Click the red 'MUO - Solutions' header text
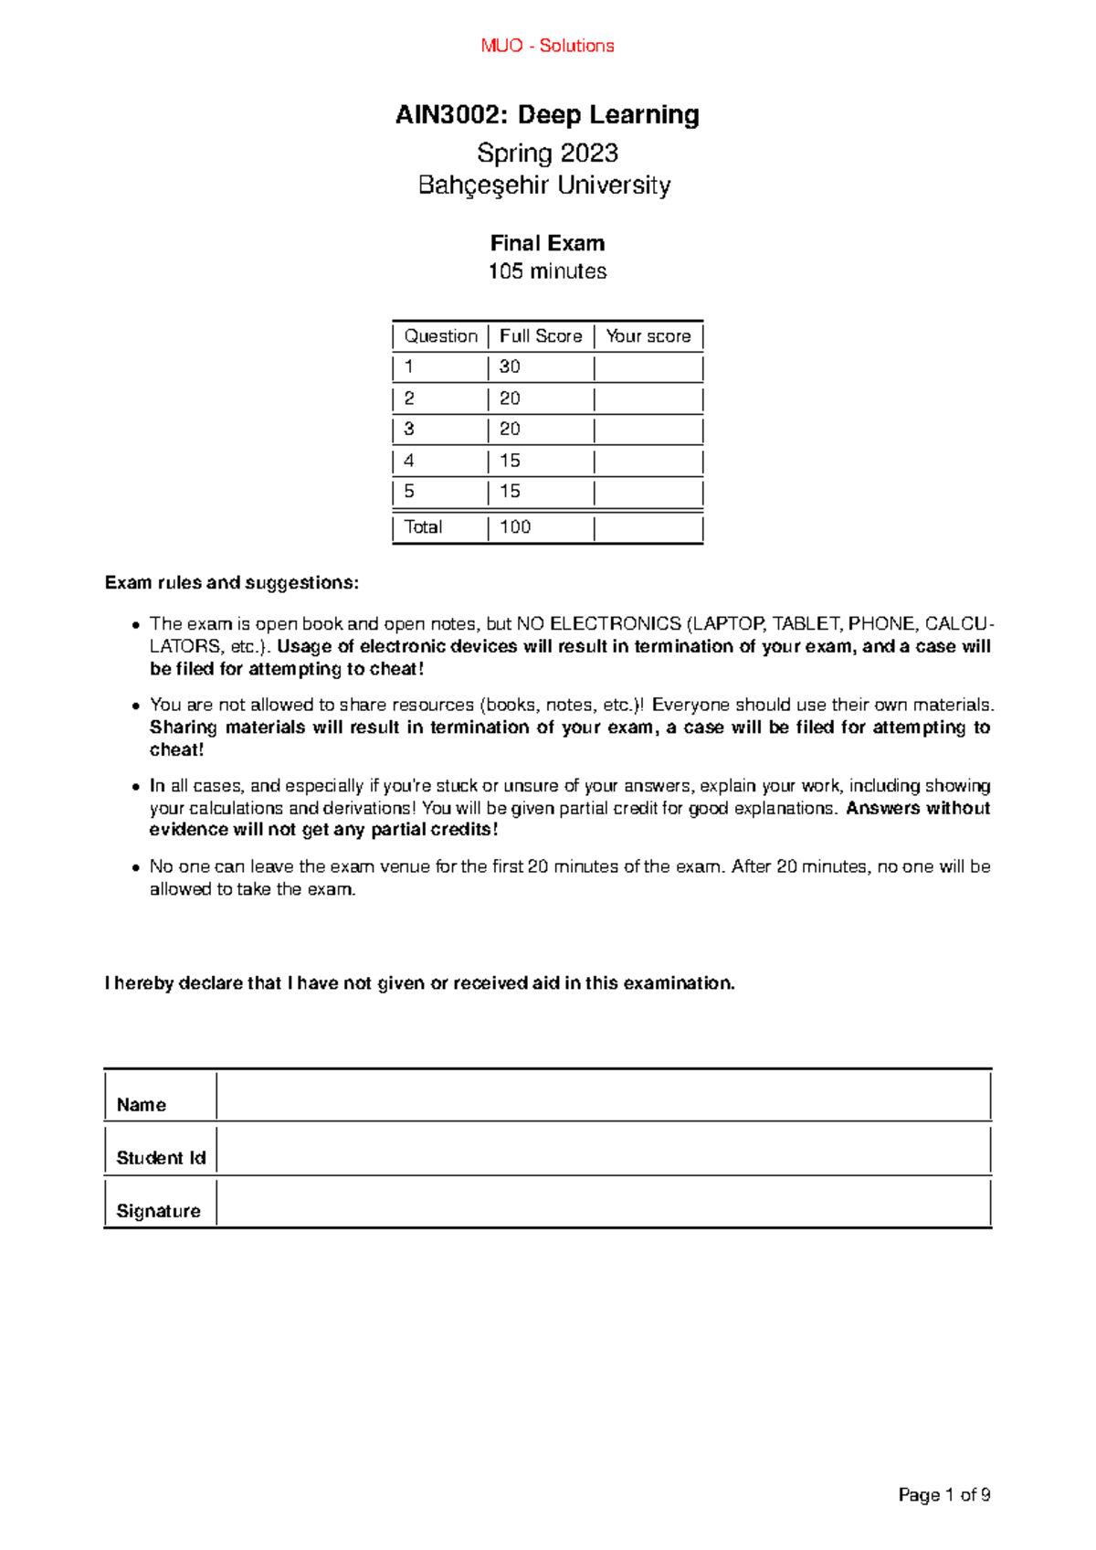(x=547, y=46)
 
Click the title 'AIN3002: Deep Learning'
(x=547, y=115)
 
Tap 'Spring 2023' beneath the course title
(x=547, y=153)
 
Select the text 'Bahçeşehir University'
(x=544, y=186)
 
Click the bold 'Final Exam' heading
(x=547, y=243)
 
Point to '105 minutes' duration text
(x=547, y=271)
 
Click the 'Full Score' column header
(x=540, y=336)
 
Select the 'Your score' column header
(x=648, y=336)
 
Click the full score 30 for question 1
(x=510, y=367)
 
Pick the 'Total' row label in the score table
(x=423, y=527)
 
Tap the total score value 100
(x=515, y=527)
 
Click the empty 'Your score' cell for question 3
(x=648, y=430)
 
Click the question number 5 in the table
(x=409, y=492)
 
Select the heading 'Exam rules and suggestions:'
(x=232, y=583)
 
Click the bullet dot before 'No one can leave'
(x=135, y=867)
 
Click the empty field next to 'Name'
(x=603, y=1096)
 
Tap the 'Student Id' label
(x=161, y=1158)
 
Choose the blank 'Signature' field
(x=603, y=1203)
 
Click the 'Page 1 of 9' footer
(x=944, y=1495)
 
